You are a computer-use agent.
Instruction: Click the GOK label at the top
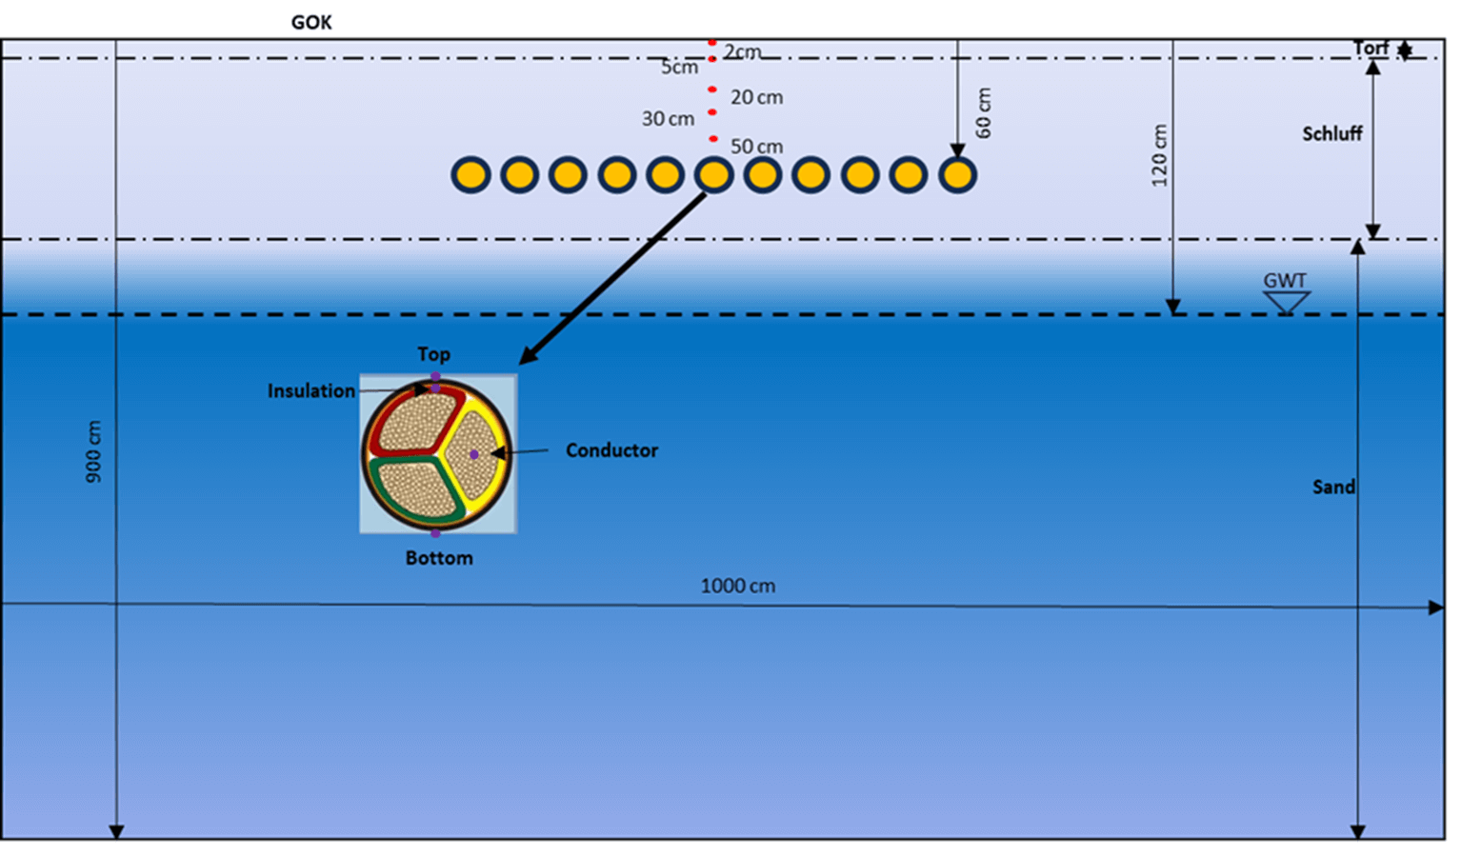point(311,22)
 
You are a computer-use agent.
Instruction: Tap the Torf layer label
point(1371,48)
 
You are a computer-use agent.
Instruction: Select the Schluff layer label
point(1331,133)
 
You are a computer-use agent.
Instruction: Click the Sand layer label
point(1333,487)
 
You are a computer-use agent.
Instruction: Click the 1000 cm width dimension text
point(737,586)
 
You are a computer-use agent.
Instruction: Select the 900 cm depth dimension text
point(93,451)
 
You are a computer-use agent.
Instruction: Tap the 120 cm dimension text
point(1158,155)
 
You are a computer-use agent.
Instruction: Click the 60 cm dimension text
point(984,112)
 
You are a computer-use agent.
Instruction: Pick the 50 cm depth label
point(756,147)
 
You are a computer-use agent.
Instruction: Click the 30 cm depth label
point(668,119)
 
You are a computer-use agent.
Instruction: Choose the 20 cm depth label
point(756,97)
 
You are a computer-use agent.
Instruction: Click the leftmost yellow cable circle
point(470,175)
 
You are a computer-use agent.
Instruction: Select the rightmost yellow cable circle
point(957,175)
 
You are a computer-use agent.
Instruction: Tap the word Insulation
point(310,390)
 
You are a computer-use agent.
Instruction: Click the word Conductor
point(611,450)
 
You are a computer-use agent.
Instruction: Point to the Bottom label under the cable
point(439,558)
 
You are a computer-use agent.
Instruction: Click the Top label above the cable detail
point(433,354)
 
